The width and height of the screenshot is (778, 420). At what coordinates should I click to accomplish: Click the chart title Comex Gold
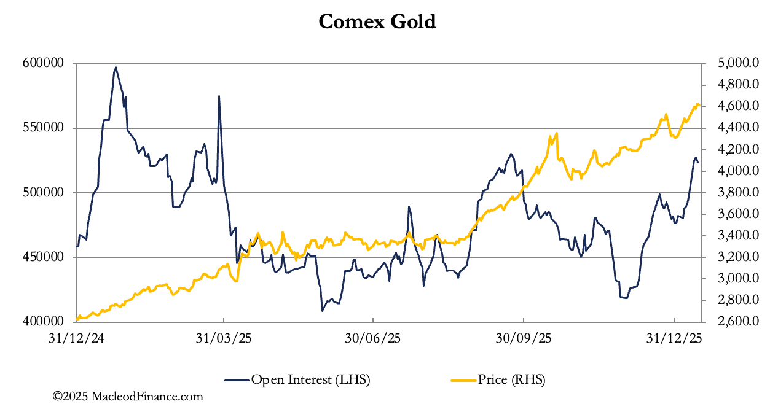coord(377,22)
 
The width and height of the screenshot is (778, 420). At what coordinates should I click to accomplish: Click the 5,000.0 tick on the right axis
coord(734,63)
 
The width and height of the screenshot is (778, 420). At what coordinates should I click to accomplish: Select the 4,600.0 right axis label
coord(734,106)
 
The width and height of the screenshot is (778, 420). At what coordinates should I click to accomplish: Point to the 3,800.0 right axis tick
coord(734,192)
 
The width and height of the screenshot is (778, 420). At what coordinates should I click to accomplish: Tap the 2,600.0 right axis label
coord(734,321)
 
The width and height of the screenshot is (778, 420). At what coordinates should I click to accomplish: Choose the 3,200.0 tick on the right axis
coord(734,257)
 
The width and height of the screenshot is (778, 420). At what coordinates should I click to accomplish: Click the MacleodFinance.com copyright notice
coord(128,397)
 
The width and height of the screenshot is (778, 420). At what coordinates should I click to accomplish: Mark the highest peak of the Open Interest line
coord(116,68)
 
